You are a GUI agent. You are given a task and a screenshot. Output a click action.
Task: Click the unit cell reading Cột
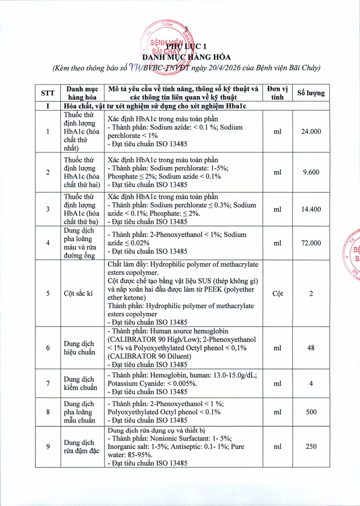pos(278,293)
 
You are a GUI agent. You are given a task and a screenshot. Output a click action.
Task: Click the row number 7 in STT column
pos(48,383)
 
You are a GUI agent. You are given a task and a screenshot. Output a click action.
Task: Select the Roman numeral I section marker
pos(48,107)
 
